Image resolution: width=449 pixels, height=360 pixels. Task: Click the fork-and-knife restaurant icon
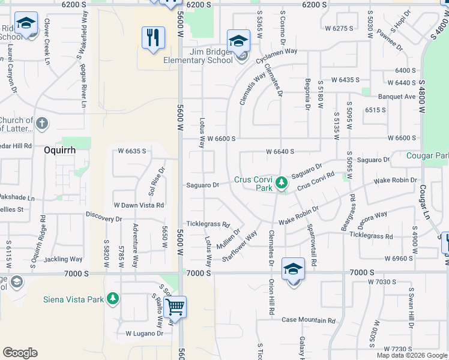click(x=153, y=38)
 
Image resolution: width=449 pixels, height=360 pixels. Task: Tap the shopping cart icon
click(x=175, y=307)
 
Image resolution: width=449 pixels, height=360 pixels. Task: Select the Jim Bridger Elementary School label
click(x=198, y=56)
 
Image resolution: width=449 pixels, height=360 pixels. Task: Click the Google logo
click(x=20, y=353)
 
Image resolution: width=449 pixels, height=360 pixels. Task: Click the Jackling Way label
click(x=63, y=259)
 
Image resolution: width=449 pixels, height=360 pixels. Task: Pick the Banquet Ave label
click(x=396, y=97)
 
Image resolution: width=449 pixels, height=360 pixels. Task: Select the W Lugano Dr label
click(x=144, y=333)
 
